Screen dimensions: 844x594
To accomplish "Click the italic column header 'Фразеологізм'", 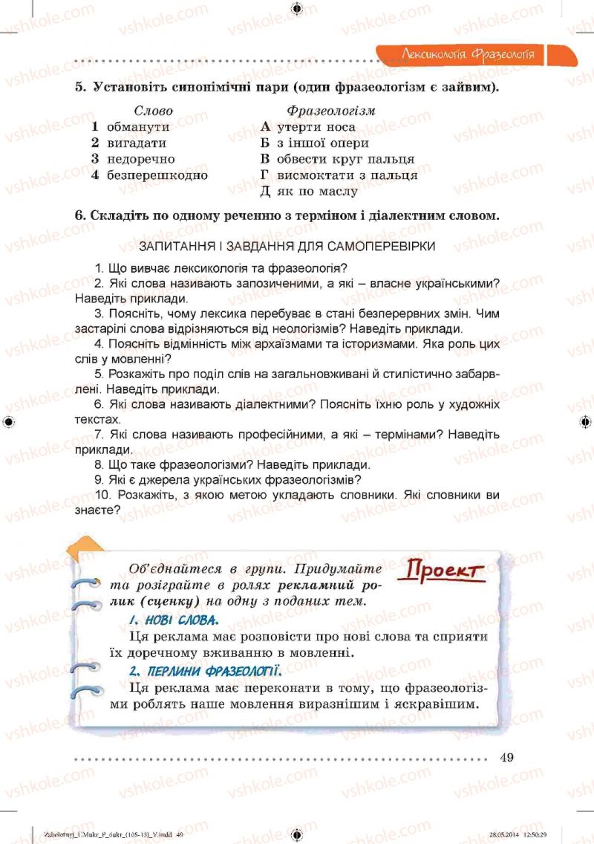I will [331, 111].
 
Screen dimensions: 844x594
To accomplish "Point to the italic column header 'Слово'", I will [154, 111].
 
